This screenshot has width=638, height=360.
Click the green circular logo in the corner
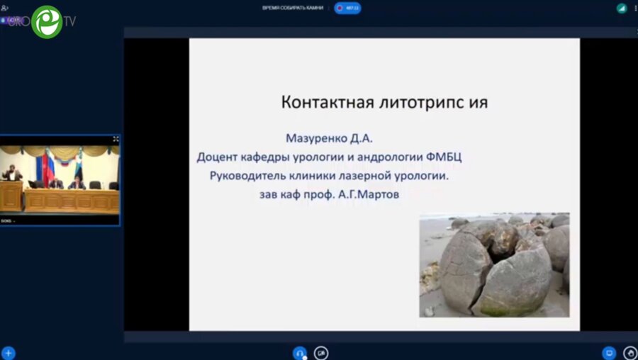47,21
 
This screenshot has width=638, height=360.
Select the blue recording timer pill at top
347,8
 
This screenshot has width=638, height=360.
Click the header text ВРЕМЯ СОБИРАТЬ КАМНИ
293,8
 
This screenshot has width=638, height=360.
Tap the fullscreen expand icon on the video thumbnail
116,140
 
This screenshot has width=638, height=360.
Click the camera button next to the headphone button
321,352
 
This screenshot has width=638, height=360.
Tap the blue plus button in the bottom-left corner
9,352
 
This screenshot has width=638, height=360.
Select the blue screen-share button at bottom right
608,352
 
